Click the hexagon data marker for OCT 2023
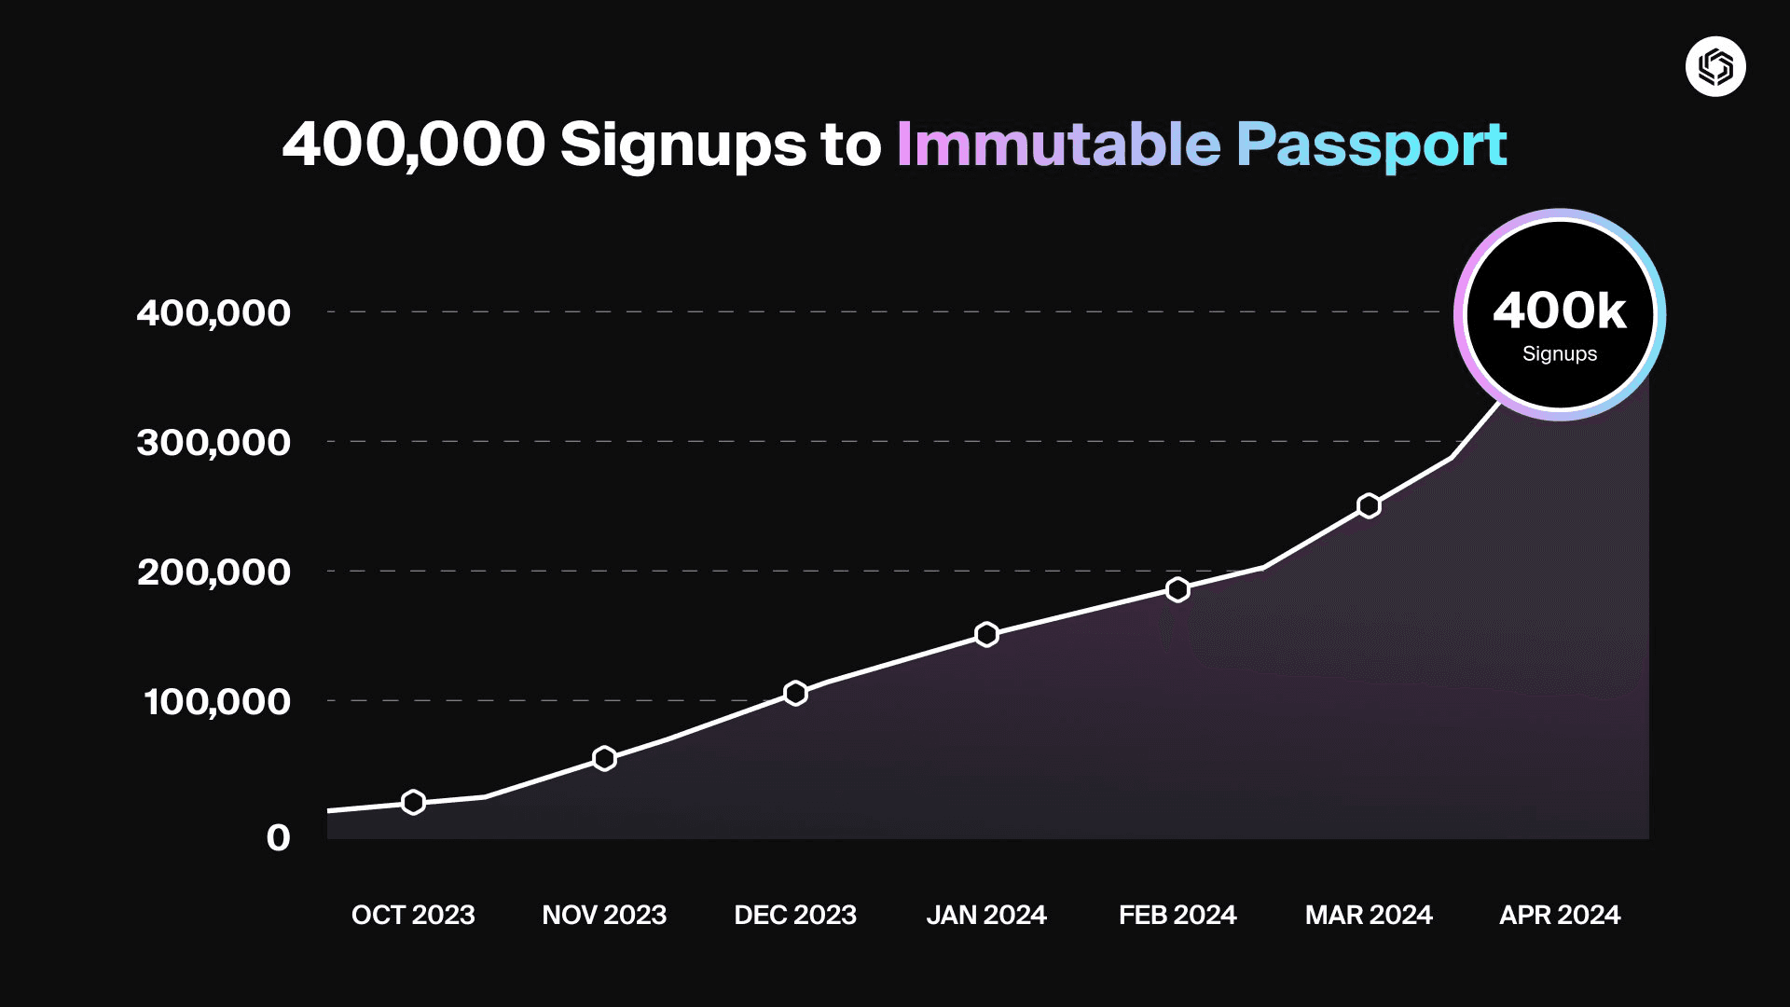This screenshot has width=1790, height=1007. click(x=413, y=802)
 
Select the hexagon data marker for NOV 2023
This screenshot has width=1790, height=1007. click(x=604, y=758)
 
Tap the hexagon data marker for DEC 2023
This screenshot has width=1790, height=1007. click(x=795, y=693)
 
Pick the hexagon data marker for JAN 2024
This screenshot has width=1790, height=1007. click(x=986, y=634)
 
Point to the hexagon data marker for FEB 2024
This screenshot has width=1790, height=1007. click(x=1177, y=589)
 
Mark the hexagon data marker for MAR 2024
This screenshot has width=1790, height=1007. click(x=1369, y=505)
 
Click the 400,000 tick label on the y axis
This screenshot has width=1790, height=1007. click(x=213, y=313)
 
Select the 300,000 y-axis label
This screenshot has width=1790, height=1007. click(x=213, y=443)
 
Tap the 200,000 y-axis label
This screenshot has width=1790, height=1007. click(x=213, y=572)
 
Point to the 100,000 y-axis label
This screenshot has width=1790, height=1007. click(x=216, y=702)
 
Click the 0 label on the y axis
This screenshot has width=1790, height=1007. click(x=278, y=837)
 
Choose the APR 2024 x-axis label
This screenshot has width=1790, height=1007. click(x=1559, y=915)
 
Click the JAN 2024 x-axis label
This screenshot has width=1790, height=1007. click(x=986, y=915)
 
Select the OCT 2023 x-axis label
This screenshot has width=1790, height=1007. click(x=413, y=915)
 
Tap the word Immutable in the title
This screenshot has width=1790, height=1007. click(x=1058, y=145)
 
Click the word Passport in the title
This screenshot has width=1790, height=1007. click(x=1371, y=146)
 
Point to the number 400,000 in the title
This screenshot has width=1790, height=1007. click(x=413, y=145)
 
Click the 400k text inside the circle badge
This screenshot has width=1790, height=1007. click(x=1559, y=310)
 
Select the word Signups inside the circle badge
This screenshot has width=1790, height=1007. click(x=1559, y=354)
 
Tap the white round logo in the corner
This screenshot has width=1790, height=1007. click(x=1715, y=66)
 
